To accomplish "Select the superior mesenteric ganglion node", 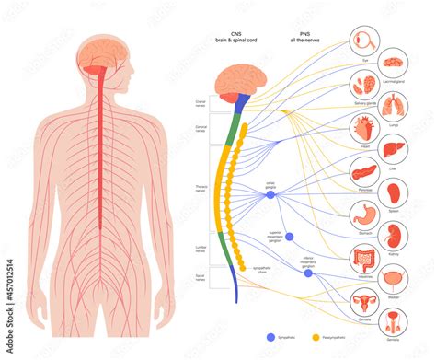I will [x=289, y=236].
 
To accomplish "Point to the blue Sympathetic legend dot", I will [x=270, y=337].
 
